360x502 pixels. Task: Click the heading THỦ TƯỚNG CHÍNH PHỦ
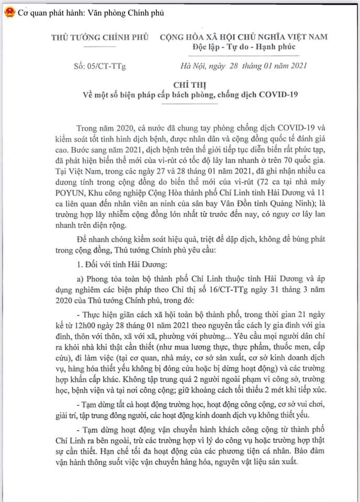point(100,37)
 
